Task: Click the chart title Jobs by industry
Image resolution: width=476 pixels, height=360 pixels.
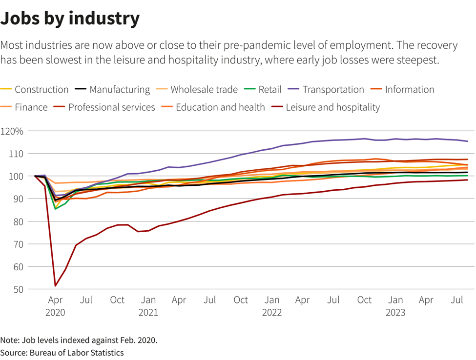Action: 70,19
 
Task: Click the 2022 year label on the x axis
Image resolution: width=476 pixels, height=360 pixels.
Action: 272,313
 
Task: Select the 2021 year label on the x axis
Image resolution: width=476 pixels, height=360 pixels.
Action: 148,313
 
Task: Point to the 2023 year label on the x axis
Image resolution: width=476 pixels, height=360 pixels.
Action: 395,313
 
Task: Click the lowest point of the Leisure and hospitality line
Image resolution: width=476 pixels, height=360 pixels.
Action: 56,286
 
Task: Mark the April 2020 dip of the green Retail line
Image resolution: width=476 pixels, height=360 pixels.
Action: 56,209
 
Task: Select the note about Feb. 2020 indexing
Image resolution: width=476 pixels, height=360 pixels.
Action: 79,340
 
